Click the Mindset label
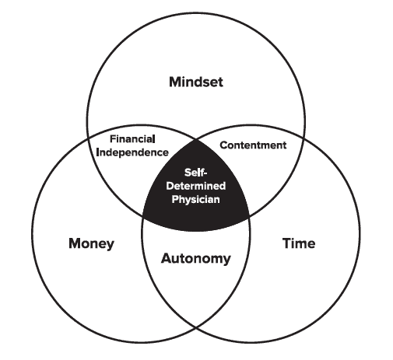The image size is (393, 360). [x=196, y=82]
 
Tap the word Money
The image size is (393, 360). [x=91, y=244]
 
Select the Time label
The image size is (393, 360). [x=299, y=243]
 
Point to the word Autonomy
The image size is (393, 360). [x=196, y=259]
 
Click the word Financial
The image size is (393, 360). [x=132, y=139]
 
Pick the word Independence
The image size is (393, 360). [x=132, y=152]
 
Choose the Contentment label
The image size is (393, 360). [x=253, y=145]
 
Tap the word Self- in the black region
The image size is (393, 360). [x=196, y=173]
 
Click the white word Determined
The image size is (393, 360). [x=196, y=186]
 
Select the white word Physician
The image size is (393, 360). [x=196, y=199]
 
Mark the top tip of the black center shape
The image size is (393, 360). [x=196, y=140]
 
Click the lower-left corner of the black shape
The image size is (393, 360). [x=142, y=215]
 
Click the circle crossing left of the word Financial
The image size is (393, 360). [x=88, y=138]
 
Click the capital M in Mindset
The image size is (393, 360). [x=175, y=82]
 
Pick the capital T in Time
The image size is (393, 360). [x=286, y=243]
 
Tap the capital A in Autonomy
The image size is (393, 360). [x=167, y=258]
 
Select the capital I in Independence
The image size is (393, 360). [x=97, y=152]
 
